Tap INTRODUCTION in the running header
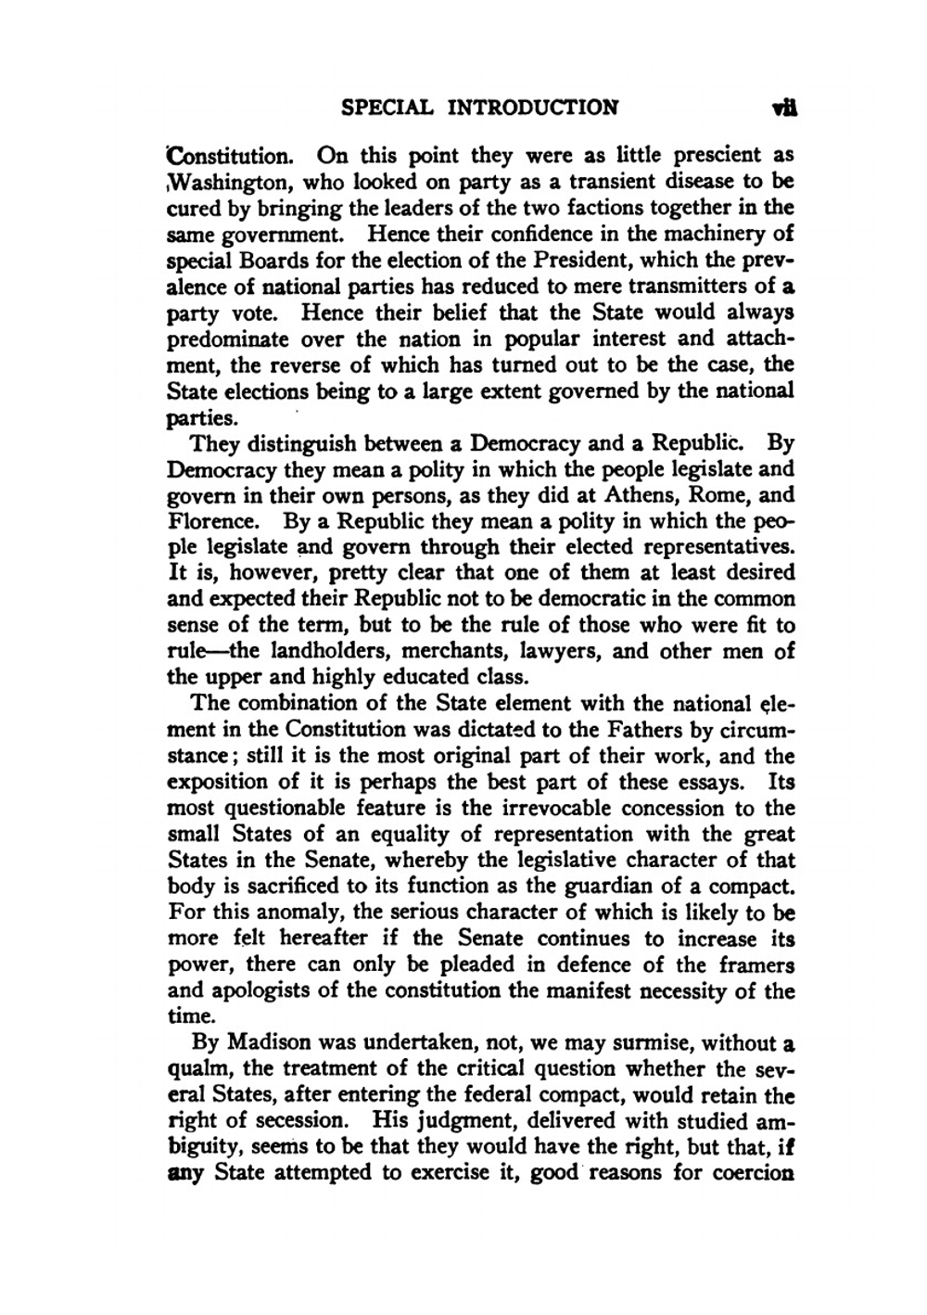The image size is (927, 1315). click(533, 107)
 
